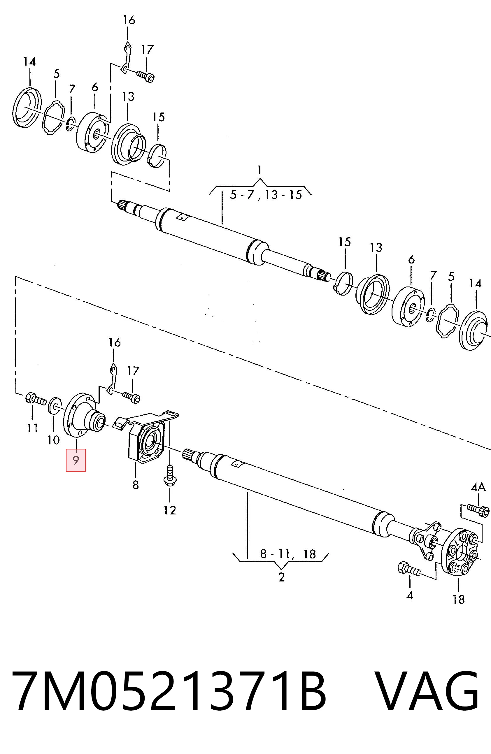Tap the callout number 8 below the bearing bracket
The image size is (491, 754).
135,485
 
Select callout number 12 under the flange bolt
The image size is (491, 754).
170,510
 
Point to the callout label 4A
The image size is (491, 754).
478,487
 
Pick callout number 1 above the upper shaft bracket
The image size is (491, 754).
259,171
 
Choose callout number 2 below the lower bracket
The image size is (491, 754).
281,577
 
